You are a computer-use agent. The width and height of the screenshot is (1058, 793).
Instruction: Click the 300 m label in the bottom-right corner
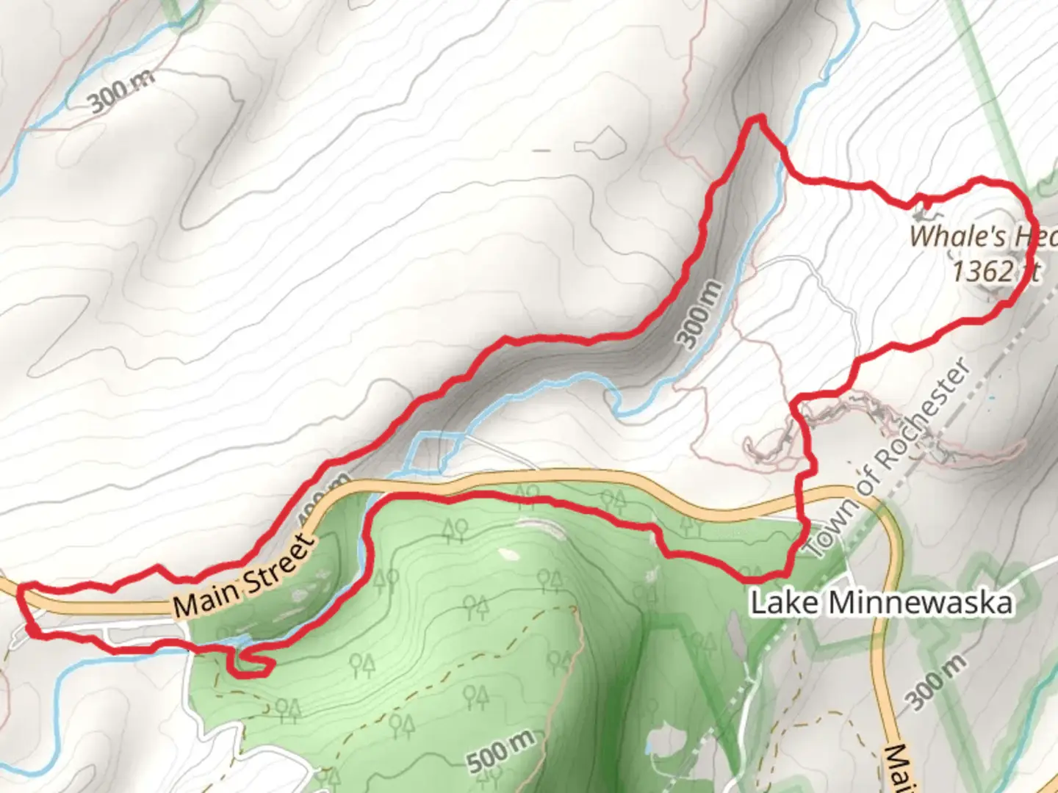937,683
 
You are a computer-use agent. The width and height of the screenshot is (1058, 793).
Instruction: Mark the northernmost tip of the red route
755,118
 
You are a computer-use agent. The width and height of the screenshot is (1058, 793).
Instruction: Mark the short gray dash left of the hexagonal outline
541,151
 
